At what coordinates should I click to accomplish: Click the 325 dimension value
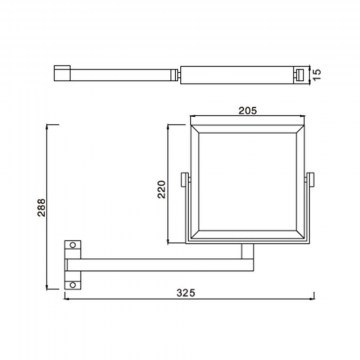point(186,293)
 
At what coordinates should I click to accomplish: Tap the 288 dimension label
point(41,208)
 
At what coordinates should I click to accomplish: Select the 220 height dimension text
point(162,189)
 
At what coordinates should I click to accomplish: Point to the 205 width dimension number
point(248,110)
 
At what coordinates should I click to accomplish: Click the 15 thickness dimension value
point(317,74)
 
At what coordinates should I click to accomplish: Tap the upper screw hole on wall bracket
point(73,245)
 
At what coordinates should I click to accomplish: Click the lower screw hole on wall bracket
point(73,285)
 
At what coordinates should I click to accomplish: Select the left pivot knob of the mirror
point(185,179)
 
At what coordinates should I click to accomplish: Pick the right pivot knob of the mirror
point(310,179)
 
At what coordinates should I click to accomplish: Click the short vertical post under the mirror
point(247,251)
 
